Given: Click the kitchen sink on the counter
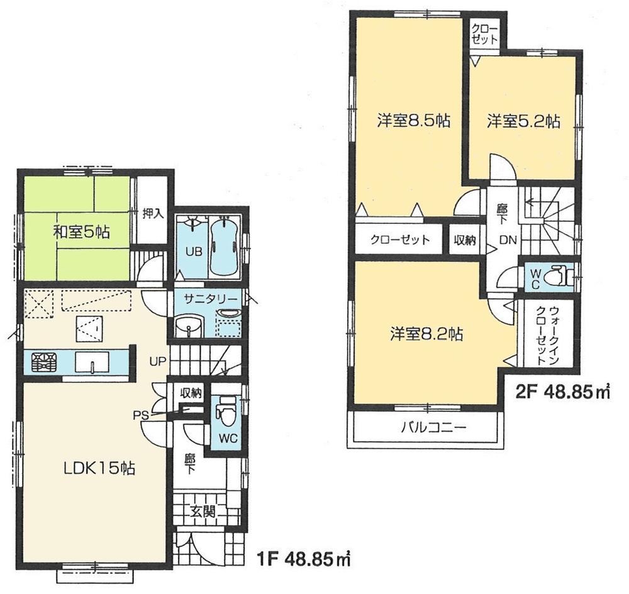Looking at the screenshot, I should point(92,363).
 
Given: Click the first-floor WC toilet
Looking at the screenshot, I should point(224,412).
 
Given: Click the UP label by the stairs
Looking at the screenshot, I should point(157,361).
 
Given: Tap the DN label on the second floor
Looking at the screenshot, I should point(508,239).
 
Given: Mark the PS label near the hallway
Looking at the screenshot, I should point(140,414).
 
